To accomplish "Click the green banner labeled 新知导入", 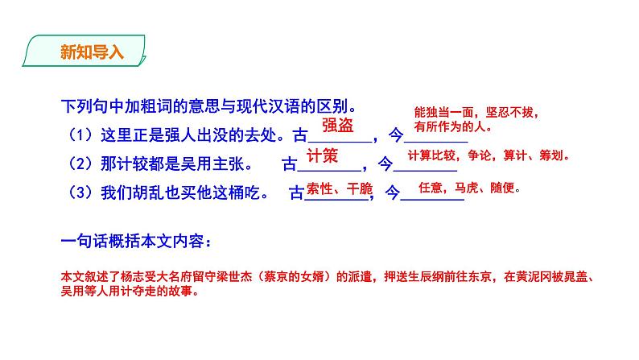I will (x=83, y=54).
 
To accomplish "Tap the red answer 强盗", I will (x=337, y=125).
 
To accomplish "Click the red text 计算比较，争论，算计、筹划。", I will (x=487, y=155).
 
